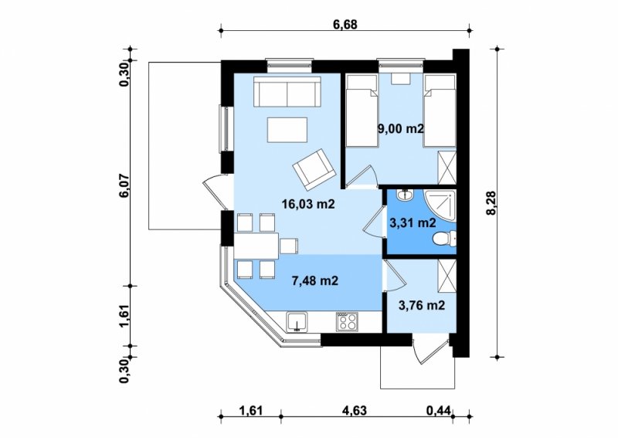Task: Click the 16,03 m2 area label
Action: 308,204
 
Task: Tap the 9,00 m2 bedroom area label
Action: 400,128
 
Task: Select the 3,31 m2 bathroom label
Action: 413,223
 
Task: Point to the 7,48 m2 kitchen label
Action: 315,280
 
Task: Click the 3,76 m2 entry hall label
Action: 422,305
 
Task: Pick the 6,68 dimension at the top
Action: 345,25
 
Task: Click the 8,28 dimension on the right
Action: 491,203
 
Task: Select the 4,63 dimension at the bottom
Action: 355,410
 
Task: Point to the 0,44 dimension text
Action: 438,410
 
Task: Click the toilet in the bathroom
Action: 444,239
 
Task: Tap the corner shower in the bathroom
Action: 440,205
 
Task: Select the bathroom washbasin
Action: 405,195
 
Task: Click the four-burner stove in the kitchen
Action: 347,321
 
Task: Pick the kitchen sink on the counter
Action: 297,321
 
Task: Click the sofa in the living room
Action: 287,91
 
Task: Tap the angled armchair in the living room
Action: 314,168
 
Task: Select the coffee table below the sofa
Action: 287,130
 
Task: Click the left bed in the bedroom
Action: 362,111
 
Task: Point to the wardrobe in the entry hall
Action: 447,277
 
